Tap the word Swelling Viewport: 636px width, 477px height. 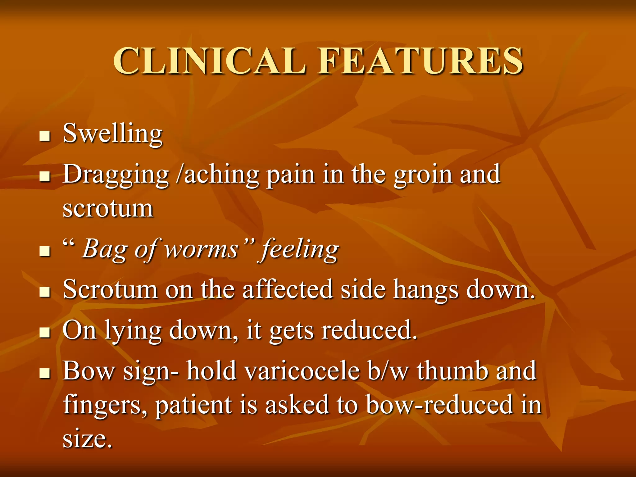[112, 134]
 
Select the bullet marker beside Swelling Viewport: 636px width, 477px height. [45, 136]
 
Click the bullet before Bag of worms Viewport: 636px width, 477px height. [45, 251]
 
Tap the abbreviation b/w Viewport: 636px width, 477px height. [388, 371]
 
